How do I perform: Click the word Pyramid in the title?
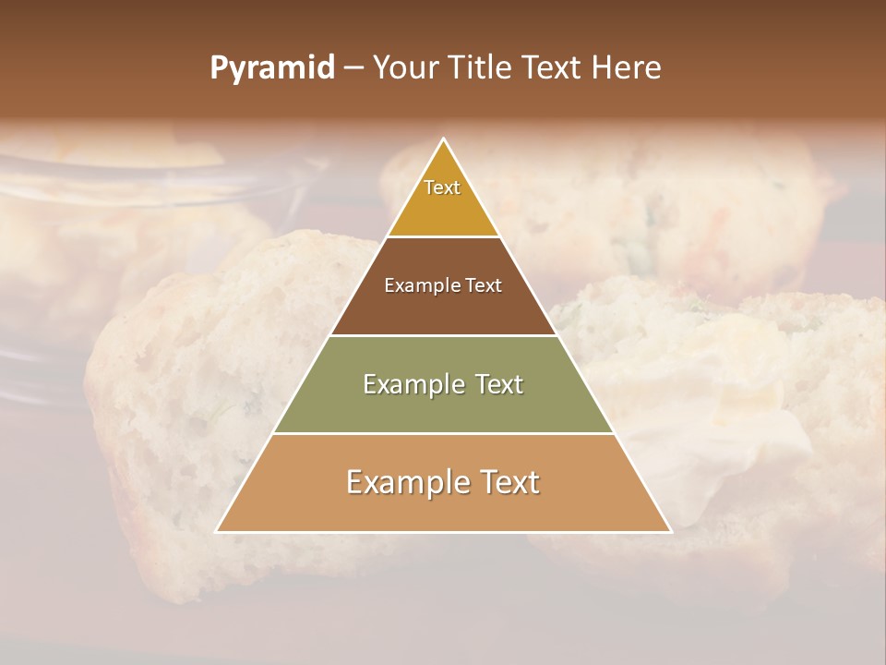point(271,68)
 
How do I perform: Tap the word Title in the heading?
point(483,68)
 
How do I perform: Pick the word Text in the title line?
point(555,68)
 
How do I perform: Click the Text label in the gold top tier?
point(442,187)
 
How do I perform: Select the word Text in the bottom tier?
point(507,482)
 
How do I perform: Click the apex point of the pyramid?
point(444,139)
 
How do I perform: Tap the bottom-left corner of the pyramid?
point(217,531)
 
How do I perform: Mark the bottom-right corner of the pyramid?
point(670,531)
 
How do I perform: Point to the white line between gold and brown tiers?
point(443,236)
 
